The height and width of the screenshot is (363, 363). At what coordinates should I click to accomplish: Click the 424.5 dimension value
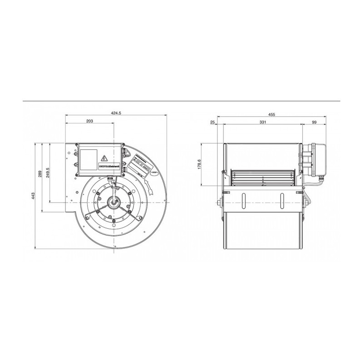(117, 113)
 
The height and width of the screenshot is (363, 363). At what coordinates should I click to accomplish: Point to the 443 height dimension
(34, 196)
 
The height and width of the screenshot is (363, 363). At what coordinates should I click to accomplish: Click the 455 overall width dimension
(271, 115)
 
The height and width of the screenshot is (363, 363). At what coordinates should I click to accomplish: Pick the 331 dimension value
(262, 123)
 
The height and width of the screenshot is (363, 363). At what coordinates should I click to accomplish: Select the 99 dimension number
(314, 123)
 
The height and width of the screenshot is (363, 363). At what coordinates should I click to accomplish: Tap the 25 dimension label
(212, 123)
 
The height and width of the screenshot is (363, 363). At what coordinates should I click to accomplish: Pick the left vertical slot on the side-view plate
(243, 200)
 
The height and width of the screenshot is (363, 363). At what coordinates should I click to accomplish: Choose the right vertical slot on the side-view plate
(282, 200)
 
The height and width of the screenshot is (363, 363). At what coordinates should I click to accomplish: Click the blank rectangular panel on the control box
(89, 160)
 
